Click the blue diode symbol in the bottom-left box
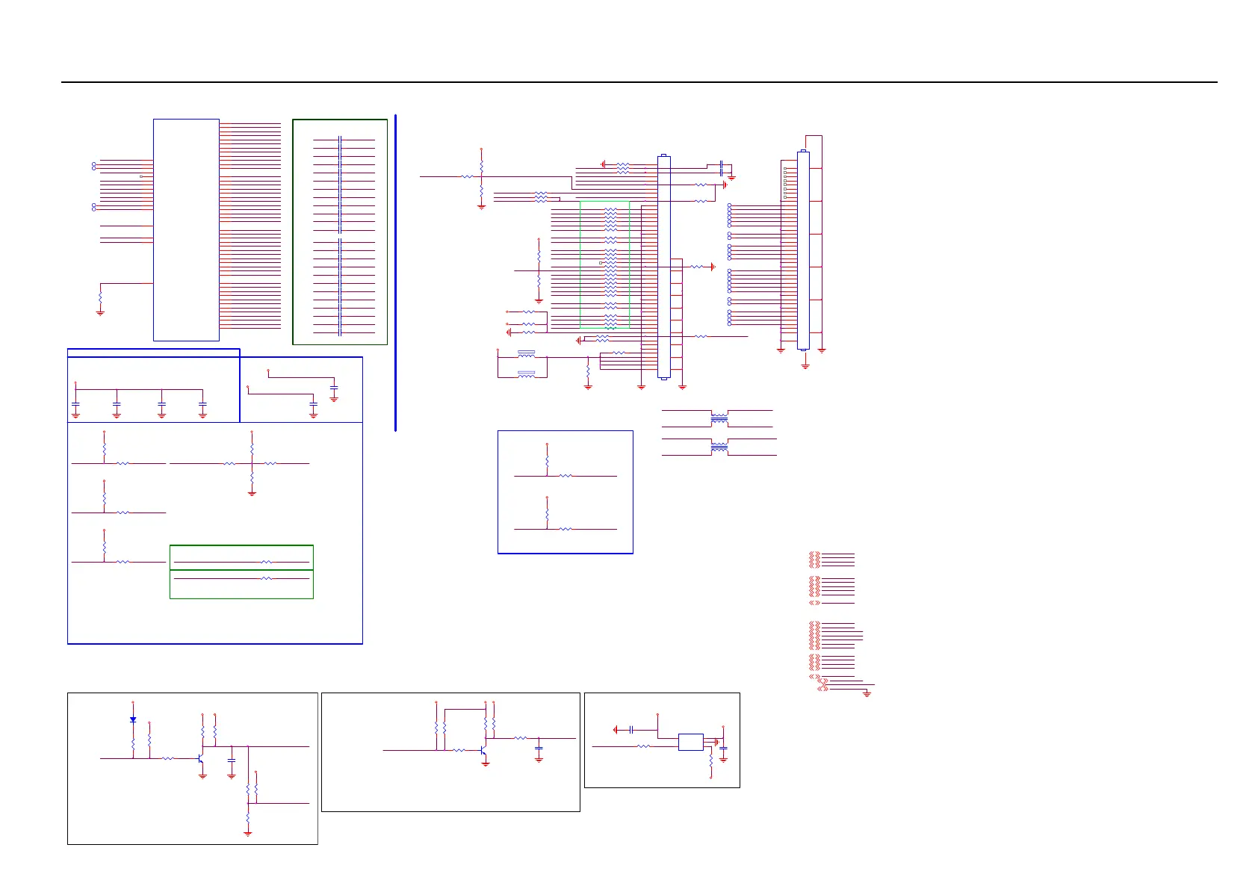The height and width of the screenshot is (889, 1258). (x=133, y=719)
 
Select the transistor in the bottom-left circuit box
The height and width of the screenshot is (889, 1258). (x=201, y=758)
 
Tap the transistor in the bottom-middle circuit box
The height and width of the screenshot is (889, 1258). (x=484, y=749)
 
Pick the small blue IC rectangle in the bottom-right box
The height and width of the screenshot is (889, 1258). (x=690, y=742)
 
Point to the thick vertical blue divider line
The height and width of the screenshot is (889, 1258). (x=395, y=273)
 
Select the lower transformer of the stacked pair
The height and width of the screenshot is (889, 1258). (x=719, y=447)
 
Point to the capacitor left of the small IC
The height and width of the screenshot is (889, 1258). (x=632, y=729)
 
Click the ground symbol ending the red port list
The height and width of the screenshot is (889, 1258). (x=867, y=694)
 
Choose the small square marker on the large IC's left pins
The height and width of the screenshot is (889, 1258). (x=141, y=176)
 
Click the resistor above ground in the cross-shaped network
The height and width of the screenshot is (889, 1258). (x=252, y=478)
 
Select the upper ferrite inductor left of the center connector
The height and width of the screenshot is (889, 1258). (x=526, y=353)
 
